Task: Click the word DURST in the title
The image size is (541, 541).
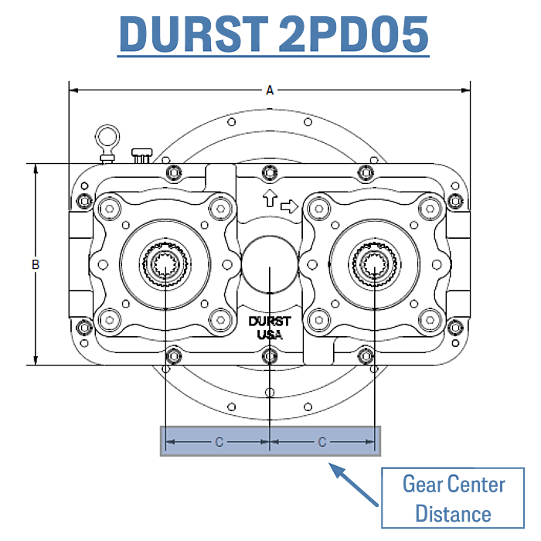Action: click(x=194, y=34)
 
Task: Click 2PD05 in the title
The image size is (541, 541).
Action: click(x=353, y=34)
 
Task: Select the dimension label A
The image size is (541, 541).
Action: click(x=270, y=90)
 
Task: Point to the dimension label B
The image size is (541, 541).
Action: click(x=36, y=264)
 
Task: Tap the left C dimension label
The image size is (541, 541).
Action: click(x=219, y=442)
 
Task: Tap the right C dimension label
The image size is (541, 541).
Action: click(x=322, y=442)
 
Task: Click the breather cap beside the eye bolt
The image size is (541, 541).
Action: click(x=141, y=155)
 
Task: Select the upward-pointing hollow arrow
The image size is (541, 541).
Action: click(x=270, y=198)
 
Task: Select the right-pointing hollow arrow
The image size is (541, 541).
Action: click(x=289, y=206)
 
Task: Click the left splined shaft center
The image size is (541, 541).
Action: click(x=166, y=264)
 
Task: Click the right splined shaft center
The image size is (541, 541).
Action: click(x=374, y=264)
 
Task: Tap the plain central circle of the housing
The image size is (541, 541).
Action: click(x=270, y=264)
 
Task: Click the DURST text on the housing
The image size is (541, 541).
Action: click(x=270, y=322)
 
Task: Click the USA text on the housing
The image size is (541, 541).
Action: click(x=270, y=335)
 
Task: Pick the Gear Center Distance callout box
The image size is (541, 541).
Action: click(x=453, y=498)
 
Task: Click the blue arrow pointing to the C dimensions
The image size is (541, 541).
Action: click(x=353, y=485)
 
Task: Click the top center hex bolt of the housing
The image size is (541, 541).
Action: click(x=270, y=172)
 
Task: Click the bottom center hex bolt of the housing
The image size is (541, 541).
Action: click(x=270, y=356)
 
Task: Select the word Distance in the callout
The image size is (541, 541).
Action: click(x=453, y=513)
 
